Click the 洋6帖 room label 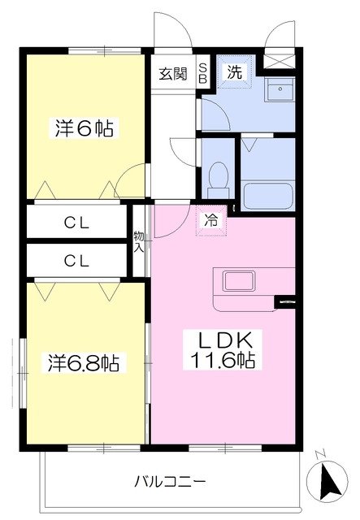pyautogui.click(x=84, y=128)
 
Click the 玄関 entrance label pyautogui.click(x=172, y=74)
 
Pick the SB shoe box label pyautogui.click(x=203, y=73)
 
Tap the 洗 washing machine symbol pyautogui.click(x=234, y=72)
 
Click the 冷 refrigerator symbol pyautogui.click(x=211, y=219)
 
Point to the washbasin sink pyautogui.click(x=282, y=89)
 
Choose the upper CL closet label pyautogui.click(x=77, y=221)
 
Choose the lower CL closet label pyautogui.click(x=77, y=260)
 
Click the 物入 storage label pyautogui.click(x=140, y=242)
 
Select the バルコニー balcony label pyautogui.click(x=170, y=481)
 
